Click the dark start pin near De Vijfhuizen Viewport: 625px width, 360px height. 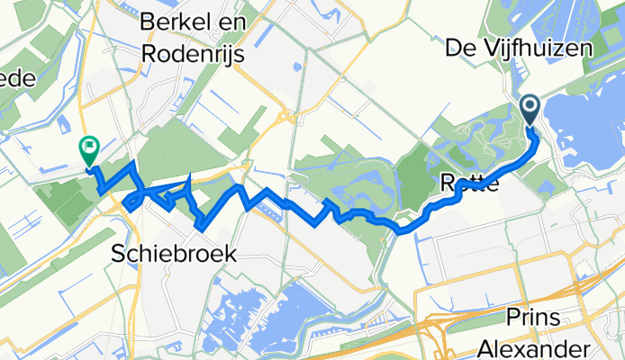click(x=530, y=111)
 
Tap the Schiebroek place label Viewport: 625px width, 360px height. click(x=177, y=255)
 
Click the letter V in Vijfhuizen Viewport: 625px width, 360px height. click(x=495, y=46)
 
